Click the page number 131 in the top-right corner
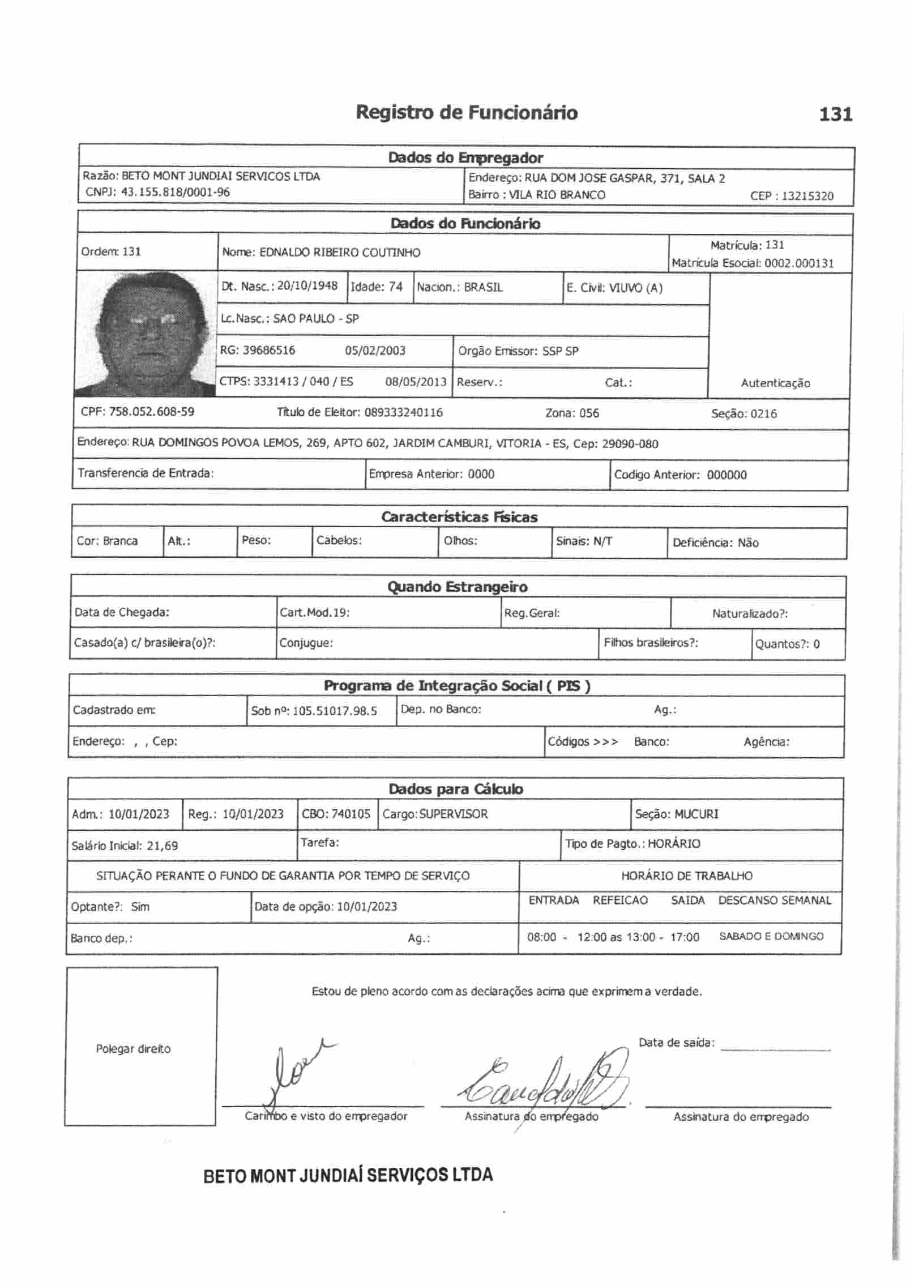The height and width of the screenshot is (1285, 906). pyautogui.click(x=835, y=114)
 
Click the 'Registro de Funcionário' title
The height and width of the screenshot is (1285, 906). pyautogui.click(x=467, y=113)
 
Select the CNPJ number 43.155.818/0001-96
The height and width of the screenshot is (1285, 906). pyautogui.click(x=176, y=192)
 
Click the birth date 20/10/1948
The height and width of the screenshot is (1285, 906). pyautogui.click(x=307, y=286)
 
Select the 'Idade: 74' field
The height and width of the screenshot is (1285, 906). pyautogui.click(x=377, y=287)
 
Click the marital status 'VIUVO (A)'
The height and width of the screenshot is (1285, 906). pyautogui.click(x=635, y=288)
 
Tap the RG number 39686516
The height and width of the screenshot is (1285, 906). pyautogui.click(x=269, y=350)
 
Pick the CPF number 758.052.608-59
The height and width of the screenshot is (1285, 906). pyautogui.click(x=151, y=412)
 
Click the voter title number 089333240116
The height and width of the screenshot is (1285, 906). pyautogui.click(x=403, y=412)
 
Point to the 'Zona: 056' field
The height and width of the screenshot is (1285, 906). pyautogui.click(x=572, y=413)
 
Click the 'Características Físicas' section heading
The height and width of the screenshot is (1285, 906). pyautogui.click(x=459, y=516)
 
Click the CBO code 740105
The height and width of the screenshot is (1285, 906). pyautogui.click(x=351, y=814)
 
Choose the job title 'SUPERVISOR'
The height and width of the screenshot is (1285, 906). pyautogui.click(x=453, y=814)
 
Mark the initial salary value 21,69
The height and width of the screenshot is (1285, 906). pyautogui.click(x=162, y=846)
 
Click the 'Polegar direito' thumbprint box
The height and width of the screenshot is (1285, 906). pyautogui.click(x=140, y=1048)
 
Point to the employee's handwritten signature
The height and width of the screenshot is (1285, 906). pyautogui.click(x=544, y=1083)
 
